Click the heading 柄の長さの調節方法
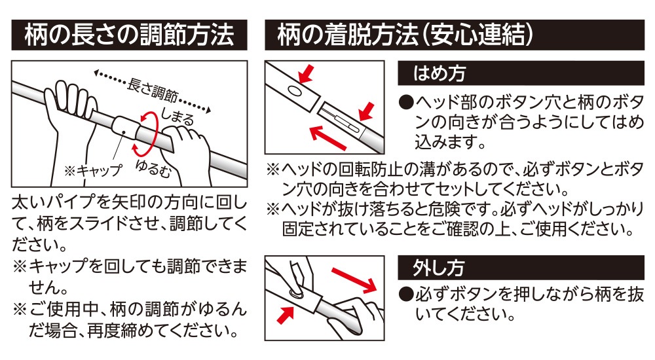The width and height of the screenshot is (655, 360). point(129,35)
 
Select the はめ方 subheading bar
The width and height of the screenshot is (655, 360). point(521,73)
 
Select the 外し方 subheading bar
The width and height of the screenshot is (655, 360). point(521,268)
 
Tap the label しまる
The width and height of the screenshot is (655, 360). point(178,117)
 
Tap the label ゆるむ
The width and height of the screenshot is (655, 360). point(154,168)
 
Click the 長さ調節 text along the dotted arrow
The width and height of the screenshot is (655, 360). point(152,90)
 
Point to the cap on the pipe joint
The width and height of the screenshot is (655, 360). point(125,128)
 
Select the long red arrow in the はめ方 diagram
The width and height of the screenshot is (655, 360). point(328,137)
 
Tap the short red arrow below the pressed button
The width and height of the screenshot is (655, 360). point(286,315)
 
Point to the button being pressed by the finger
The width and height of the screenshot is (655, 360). point(296,292)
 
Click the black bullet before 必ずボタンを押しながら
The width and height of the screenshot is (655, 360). point(406,295)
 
